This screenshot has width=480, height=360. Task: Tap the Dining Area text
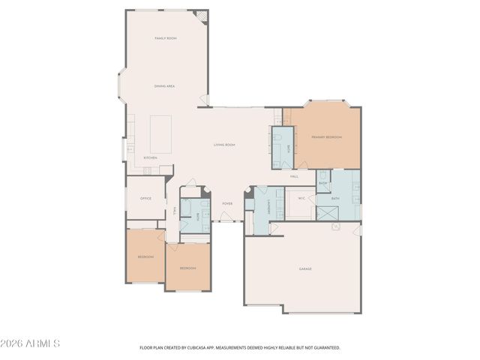point(164,86)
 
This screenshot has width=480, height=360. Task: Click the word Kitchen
point(150,157)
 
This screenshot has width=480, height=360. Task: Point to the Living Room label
point(224,145)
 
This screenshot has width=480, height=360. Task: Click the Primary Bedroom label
point(327,137)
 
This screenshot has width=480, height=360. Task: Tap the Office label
point(146,198)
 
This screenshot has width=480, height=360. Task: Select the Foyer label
point(226,203)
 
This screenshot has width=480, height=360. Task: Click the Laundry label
point(268,205)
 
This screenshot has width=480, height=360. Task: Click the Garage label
point(305,268)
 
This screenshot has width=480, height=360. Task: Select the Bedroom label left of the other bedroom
point(145,257)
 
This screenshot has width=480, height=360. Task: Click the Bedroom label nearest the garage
point(187,268)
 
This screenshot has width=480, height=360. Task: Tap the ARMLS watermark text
point(31,343)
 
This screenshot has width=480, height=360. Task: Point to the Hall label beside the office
point(175,212)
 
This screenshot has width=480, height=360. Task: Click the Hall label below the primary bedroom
point(295,176)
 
